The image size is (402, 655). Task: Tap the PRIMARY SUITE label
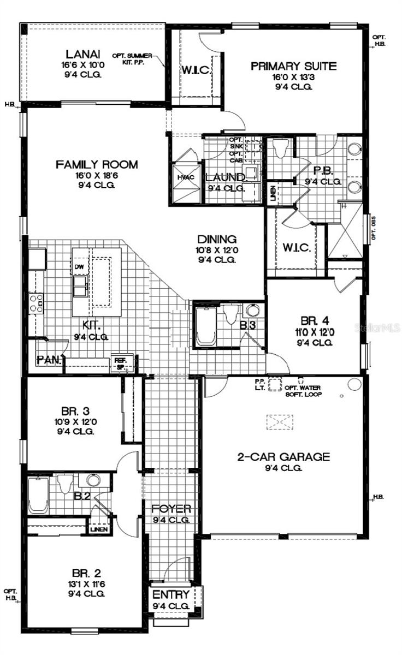(293, 66)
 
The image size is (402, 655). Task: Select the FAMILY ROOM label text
(97, 164)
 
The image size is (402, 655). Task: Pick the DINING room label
(217, 239)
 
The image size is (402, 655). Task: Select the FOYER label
(172, 509)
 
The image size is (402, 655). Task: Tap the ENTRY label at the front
(171, 594)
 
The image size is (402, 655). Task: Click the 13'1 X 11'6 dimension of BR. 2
(86, 583)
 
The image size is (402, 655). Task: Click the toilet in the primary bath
(281, 148)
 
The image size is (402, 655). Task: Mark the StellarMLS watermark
(377, 327)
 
